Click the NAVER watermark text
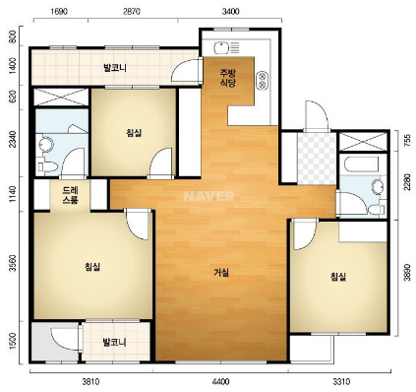[x=208, y=196]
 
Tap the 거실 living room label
[x=221, y=272]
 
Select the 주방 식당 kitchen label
[x=228, y=78]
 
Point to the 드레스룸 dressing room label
[x=71, y=195]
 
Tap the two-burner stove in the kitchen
[x=263, y=80]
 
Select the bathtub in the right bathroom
[x=359, y=165]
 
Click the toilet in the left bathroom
[x=46, y=165]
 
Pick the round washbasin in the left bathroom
[x=45, y=144]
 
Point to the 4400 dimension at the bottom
[x=220, y=382]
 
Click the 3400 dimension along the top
[x=230, y=12]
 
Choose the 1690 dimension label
[x=59, y=12]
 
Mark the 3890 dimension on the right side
[x=407, y=272]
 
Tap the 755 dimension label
[x=407, y=141]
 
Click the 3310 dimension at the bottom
[x=341, y=382]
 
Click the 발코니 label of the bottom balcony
[x=114, y=343]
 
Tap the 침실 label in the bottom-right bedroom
[x=338, y=277]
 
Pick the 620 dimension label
[x=13, y=98]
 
